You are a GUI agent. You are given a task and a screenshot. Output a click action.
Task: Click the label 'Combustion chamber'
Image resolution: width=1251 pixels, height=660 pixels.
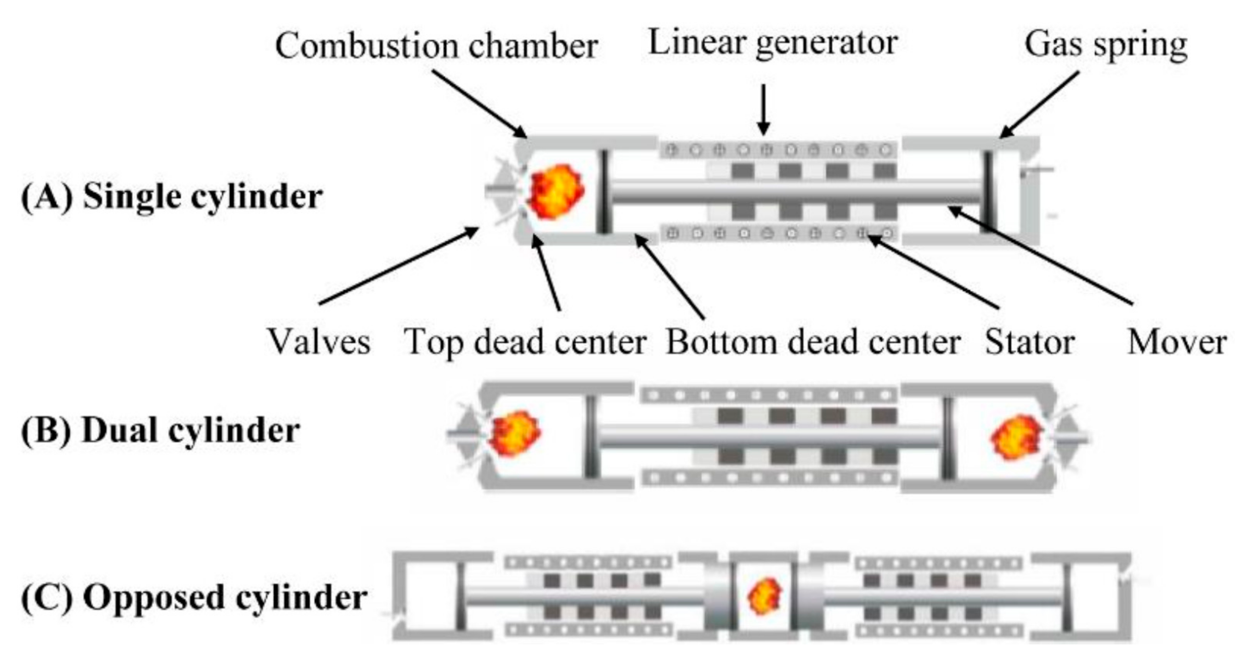(x=436, y=46)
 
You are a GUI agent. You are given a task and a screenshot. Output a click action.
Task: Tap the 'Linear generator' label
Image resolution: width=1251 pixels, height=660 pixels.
(x=772, y=43)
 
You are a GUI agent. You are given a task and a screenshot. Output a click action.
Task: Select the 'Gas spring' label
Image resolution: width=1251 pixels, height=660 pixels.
(x=1105, y=45)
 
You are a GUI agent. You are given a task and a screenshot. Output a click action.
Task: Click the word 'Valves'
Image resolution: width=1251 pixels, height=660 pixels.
(x=319, y=342)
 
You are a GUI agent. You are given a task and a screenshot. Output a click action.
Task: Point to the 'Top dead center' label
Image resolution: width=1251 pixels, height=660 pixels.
(x=525, y=342)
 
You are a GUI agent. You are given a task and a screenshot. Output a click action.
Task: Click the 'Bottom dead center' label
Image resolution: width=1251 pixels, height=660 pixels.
(x=813, y=342)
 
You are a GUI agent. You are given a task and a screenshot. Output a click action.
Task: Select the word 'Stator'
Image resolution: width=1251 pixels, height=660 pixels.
(x=1030, y=342)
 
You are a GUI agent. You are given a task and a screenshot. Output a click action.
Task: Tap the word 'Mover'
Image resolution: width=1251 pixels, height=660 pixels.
(x=1176, y=342)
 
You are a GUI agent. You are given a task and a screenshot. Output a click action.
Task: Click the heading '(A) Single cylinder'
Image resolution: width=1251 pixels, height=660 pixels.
(x=172, y=197)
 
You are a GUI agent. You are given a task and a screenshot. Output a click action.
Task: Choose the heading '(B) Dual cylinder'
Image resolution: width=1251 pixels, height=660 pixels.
(x=161, y=431)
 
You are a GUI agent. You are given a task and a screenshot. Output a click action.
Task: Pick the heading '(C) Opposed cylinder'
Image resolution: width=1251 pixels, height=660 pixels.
(x=194, y=597)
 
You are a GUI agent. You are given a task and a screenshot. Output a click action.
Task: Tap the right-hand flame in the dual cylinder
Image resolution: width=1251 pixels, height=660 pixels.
(x=1016, y=437)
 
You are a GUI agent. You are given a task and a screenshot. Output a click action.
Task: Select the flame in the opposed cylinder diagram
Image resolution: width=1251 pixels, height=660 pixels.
(x=764, y=596)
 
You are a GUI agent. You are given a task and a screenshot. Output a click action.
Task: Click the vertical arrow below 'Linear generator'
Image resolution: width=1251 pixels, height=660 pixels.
(x=763, y=109)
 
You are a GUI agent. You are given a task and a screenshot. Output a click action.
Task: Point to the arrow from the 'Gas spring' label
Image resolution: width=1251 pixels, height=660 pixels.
(x=1039, y=104)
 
